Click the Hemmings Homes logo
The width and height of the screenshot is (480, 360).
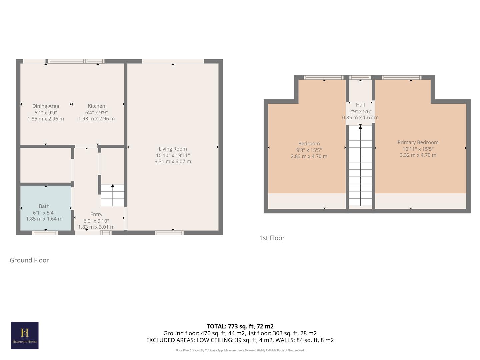[25, 335]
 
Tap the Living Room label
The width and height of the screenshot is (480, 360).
[173, 149]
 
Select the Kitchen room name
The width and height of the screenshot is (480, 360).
[96, 106]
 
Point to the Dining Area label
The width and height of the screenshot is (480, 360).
[46, 106]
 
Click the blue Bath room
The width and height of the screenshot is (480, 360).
[46, 200]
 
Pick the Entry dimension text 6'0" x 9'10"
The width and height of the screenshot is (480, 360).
[96, 221]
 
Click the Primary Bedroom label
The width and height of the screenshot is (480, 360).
[418, 142]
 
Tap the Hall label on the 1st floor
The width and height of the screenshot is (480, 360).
[360, 105]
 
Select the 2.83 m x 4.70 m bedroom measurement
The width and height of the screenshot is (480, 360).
[309, 156]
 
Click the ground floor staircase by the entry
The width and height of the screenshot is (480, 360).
[113, 195]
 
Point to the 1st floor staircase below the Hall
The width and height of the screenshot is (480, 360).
[360, 167]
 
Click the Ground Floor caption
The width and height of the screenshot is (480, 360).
[29, 260]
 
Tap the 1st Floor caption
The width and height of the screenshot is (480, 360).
[272, 238]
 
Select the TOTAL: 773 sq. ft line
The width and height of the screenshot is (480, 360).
[240, 326]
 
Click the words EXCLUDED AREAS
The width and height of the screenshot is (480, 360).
[170, 340]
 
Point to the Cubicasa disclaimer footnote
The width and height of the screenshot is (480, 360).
[240, 350]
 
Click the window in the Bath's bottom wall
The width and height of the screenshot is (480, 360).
[45, 233]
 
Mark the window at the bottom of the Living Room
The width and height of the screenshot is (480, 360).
[169, 233]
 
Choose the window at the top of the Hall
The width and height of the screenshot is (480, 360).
[360, 78]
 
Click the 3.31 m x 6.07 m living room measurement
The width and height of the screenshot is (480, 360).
[173, 162]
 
